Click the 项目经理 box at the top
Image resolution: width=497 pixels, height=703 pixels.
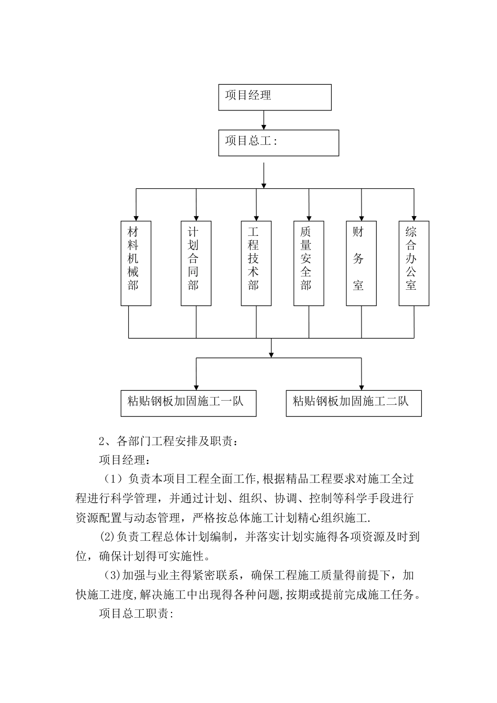coord(275,97)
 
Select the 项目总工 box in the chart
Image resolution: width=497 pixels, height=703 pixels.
coord(278,143)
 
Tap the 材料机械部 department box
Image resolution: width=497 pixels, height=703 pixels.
coord(136,263)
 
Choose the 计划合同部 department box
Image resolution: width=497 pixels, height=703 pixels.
coord(196,263)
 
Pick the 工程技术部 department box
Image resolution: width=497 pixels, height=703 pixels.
coord(256,263)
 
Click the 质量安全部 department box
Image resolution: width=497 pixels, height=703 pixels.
coord(309,263)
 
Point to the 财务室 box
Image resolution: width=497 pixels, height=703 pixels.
coord(361,263)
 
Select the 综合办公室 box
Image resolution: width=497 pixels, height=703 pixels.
coord(414,263)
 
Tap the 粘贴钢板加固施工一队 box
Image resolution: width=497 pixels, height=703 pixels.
coord(188,403)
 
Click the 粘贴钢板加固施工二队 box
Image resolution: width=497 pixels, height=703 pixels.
coord(354,403)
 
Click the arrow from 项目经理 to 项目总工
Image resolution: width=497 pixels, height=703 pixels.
coord(264,120)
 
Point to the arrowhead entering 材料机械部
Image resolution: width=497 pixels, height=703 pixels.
coord(136,217)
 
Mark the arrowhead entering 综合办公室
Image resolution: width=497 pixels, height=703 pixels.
coord(414,217)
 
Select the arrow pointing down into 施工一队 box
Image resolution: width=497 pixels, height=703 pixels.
coord(196,385)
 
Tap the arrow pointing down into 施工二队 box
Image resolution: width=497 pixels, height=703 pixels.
coord(361,385)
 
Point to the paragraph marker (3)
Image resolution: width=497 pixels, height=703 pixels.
coord(113,575)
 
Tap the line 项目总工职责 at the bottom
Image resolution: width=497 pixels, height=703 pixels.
coord(136,614)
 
